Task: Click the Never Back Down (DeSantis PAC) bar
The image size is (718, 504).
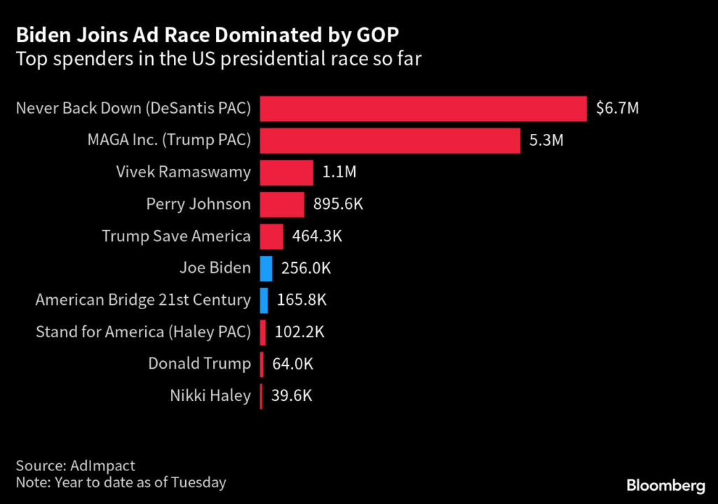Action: click(x=423, y=109)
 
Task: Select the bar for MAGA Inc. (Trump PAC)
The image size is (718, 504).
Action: click(x=390, y=140)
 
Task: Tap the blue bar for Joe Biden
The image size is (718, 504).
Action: click(x=266, y=268)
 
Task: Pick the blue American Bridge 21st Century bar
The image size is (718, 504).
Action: click(x=264, y=300)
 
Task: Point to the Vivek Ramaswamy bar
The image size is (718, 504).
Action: click(x=286, y=172)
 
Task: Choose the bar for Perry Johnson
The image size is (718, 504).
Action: click(x=282, y=204)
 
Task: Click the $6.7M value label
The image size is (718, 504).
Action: click(x=617, y=109)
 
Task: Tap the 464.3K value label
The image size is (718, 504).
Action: click(x=317, y=236)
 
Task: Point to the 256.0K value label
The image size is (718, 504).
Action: click(x=305, y=268)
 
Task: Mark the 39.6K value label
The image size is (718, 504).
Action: click(x=291, y=395)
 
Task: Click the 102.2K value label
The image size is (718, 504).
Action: click(x=299, y=332)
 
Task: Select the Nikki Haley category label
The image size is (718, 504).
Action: click(x=210, y=395)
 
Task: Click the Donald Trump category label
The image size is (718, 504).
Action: click(x=199, y=364)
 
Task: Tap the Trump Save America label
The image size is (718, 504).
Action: click(x=176, y=236)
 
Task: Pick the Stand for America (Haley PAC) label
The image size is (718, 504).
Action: click(x=143, y=332)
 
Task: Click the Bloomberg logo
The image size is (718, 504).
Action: click(x=665, y=485)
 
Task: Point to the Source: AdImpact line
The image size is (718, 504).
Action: click(x=75, y=465)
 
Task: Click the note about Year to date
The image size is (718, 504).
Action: click(x=121, y=482)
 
